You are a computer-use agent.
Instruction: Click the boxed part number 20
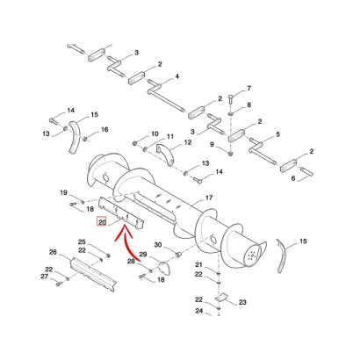click(x=102, y=222)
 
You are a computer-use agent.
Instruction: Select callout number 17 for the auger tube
click(x=209, y=198)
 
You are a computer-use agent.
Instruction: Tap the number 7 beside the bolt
click(x=249, y=88)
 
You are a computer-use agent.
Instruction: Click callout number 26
click(x=53, y=252)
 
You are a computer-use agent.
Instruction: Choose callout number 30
click(x=158, y=244)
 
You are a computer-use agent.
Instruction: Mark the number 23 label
click(x=242, y=302)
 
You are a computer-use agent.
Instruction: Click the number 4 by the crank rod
click(x=176, y=76)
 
